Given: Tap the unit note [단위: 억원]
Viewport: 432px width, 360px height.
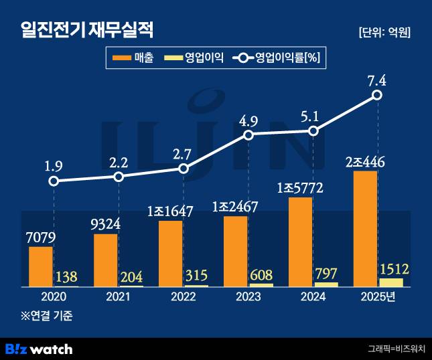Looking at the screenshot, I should [x=384, y=32].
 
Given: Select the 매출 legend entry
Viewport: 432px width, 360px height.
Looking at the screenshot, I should [x=133, y=58].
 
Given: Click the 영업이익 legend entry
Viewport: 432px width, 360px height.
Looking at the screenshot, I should [x=195, y=58].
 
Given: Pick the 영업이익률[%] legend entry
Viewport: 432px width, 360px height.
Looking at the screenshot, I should [x=277, y=58].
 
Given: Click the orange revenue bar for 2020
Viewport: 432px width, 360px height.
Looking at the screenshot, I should [x=41, y=266].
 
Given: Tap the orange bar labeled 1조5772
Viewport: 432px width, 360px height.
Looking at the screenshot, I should [x=300, y=242].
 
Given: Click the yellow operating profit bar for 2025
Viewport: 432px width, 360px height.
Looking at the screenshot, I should [x=390, y=282].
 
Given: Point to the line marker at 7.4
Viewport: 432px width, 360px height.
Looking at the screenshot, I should [x=377, y=96].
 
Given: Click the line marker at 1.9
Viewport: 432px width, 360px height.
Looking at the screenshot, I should [x=54, y=181].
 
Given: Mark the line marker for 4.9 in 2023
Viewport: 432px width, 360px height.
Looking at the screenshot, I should [x=248, y=135].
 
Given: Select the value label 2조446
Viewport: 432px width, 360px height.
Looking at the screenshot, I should [x=366, y=162].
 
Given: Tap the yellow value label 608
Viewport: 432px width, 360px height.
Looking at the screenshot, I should [x=261, y=275].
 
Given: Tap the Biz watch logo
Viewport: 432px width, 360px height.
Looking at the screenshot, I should [x=39, y=349].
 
